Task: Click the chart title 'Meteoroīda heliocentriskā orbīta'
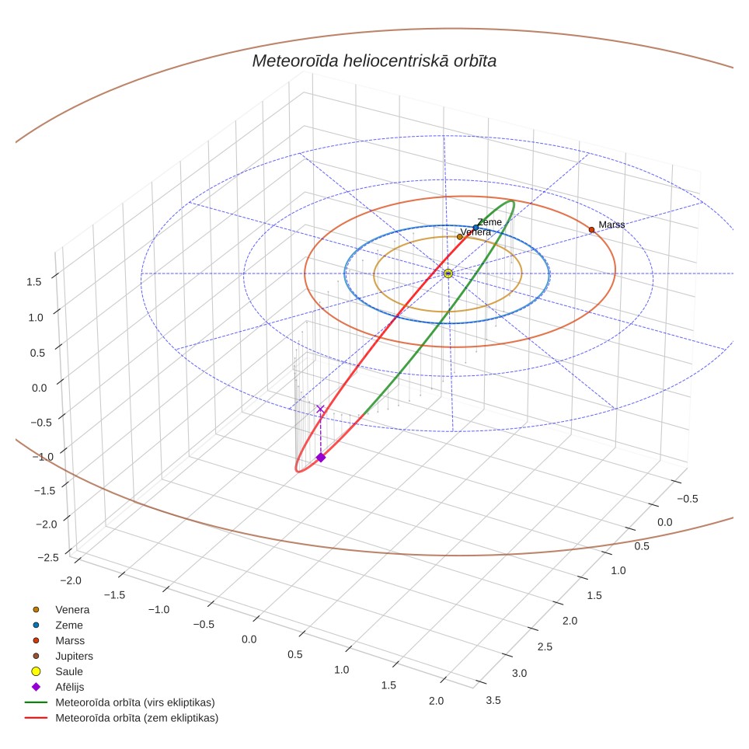tap(374, 61)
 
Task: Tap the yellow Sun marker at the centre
tap(448, 273)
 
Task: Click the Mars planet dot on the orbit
tap(591, 230)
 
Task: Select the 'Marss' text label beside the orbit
tap(611, 225)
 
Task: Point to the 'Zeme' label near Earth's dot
tap(489, 222)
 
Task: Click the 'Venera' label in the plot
tap(476, 232)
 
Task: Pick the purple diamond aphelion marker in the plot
tap(321, 458)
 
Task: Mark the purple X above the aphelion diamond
tap(321, 409)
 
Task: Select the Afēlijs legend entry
tap(58, 687)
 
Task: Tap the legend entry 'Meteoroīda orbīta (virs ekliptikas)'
tap(120, 702)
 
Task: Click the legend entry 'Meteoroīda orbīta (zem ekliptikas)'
tap(122, 718)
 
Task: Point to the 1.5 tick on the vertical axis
tap(34, 282)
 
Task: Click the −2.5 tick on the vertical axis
tap(48, 557)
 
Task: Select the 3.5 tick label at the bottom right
tap(493, 700)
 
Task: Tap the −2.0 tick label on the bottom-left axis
tap(71, 580)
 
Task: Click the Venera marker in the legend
tap(36, 609)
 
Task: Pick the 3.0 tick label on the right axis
tap(519, 673)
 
